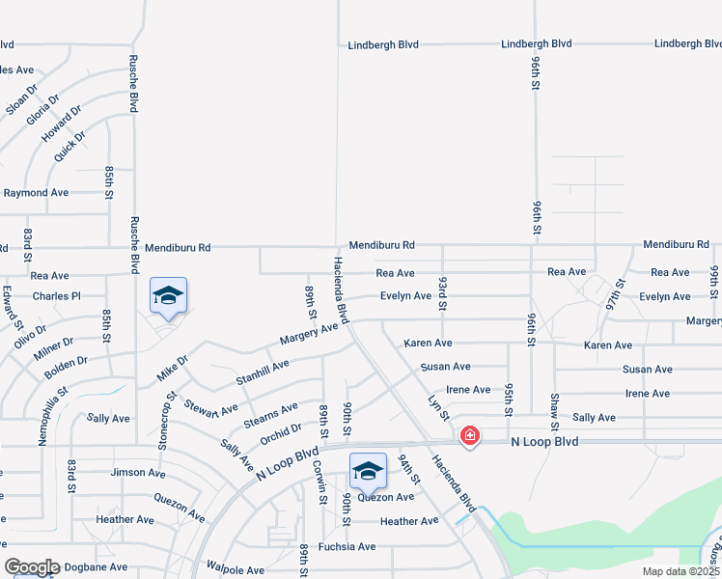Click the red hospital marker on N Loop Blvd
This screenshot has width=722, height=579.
tap(470, 436)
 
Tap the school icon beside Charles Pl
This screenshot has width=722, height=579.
tap(168, 296)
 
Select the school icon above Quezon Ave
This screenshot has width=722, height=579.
tap(368, 471)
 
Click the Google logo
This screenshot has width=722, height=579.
tap(32, 567)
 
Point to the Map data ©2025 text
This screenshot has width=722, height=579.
tap(681, 571)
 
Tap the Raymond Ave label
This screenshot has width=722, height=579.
tap(36, 193)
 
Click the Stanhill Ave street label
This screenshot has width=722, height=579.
tap(263, 369)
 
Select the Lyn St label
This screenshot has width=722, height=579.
tap(439, 406)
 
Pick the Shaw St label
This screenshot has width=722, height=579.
tap(554, 412)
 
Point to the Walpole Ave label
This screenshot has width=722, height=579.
tap(235, 570)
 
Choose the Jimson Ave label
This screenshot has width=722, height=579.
tap(137, 472)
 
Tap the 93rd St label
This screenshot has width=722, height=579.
tap(442, 293)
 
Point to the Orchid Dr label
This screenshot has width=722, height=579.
tap(281, 433)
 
